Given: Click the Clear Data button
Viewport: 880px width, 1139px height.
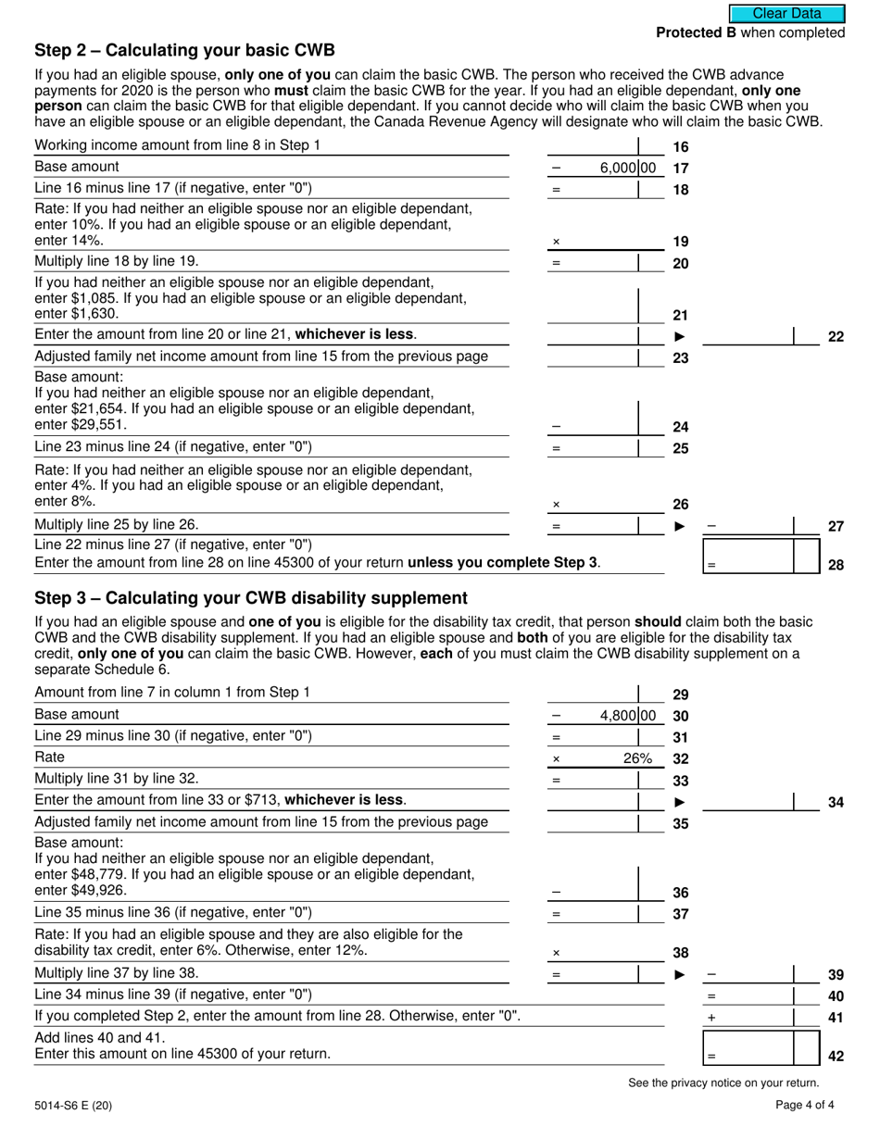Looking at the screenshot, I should tap(786, 13).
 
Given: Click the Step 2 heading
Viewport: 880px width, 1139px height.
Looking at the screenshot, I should tap(184, 51).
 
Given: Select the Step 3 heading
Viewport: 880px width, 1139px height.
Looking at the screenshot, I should tap(250, 597).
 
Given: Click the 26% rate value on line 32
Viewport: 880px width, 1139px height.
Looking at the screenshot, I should tap(636, 758).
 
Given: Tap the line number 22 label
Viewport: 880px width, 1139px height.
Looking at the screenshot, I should tap(835, 337).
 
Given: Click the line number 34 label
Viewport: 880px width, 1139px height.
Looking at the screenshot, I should tap(835, 802).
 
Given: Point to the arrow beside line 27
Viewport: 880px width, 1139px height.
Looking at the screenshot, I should tap(680, 526).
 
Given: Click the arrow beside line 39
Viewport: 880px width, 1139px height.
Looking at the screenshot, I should tap(680, 974).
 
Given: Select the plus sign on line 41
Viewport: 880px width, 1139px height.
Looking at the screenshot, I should tap(711, 1017).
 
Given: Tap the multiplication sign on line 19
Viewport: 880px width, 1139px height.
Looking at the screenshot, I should tap(556, 243).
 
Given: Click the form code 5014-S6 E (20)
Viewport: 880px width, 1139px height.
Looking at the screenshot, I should tap(73, 1104).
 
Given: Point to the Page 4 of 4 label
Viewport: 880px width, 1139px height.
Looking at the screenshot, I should tap(810, 1104).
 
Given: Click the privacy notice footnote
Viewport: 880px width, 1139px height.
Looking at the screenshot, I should tap(723, 1083).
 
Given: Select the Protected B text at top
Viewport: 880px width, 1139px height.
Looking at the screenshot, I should tap(750, 32).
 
